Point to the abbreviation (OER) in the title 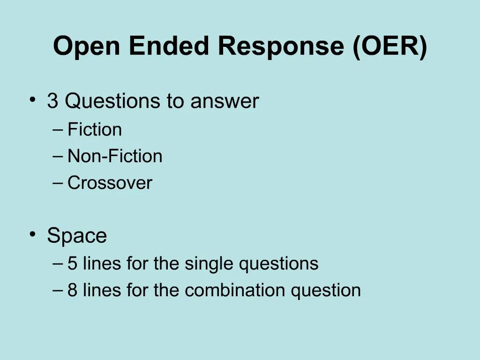point(390,46)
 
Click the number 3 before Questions point(52,101)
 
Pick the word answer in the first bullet point(225,101)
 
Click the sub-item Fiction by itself point(95,130)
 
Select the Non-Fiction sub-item point(115,156)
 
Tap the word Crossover point(110,183)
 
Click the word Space point(77,236)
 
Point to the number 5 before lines point(72,264)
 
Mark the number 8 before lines point(72,291)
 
